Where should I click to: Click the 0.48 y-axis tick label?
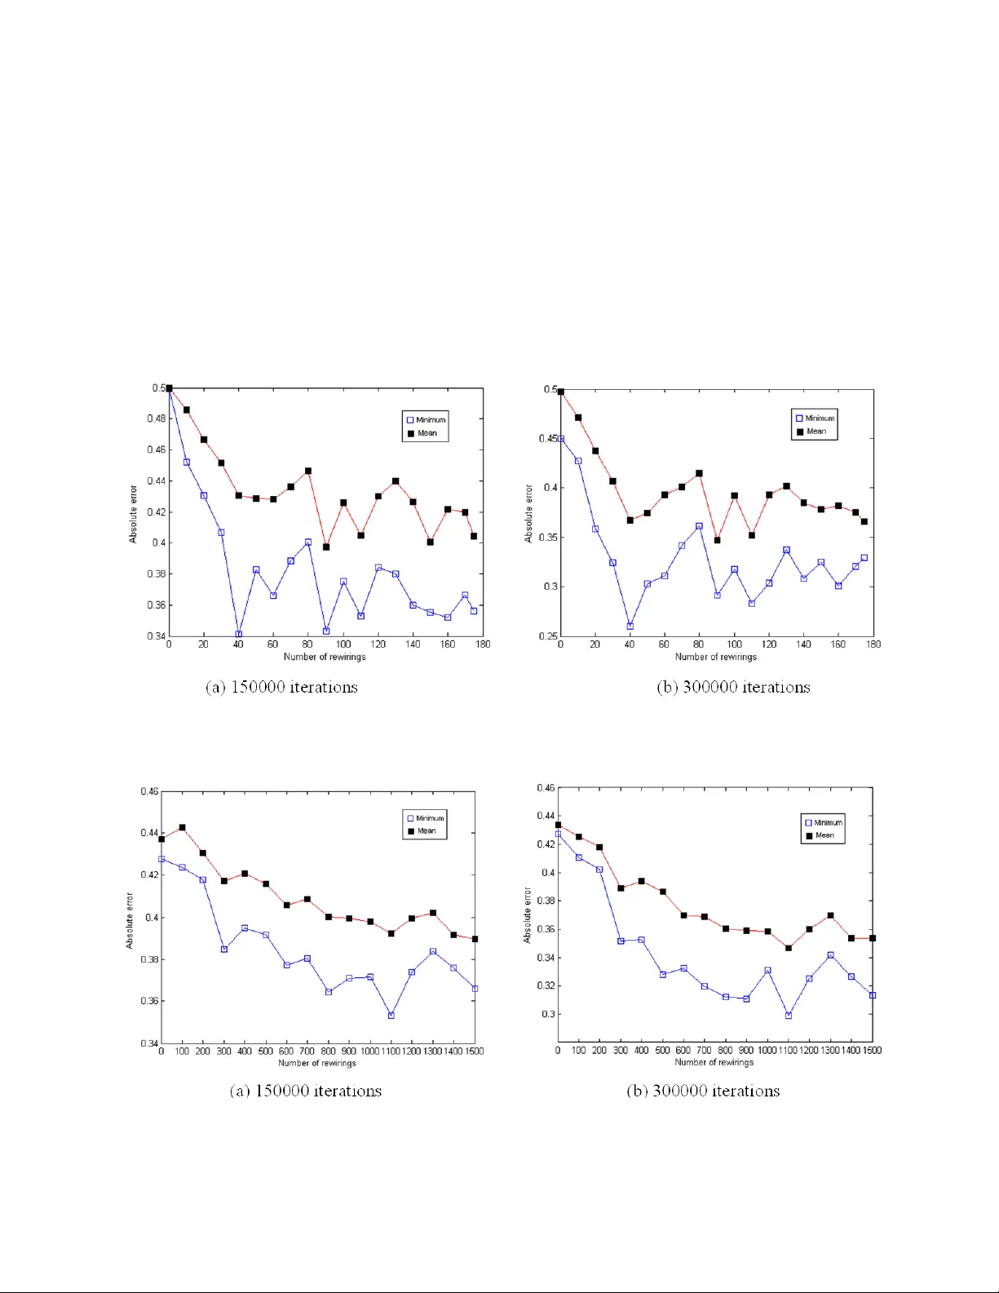click(156, 418)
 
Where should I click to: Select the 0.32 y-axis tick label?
click(546, 985)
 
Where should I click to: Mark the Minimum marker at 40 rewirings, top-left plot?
click(238, 634)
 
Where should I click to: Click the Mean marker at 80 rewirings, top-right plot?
click(699, 473)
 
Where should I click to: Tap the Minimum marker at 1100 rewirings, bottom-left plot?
click(391, 1016)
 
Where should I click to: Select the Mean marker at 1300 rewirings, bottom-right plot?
click(830, 915)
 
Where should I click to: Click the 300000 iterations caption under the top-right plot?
click(733, 687)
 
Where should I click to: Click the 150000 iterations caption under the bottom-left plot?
click(305, 1091)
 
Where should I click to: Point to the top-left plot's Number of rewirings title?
click(325, 657)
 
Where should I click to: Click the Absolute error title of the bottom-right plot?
click(527, 915)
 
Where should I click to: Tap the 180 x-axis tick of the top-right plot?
click(873, 644)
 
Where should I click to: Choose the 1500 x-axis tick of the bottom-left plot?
click(474, 1051)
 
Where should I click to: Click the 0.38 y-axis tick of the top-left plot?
click(156, 573)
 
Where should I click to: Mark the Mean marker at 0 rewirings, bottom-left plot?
click(161, 839)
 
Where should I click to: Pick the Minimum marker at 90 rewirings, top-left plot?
click(326, 631)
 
